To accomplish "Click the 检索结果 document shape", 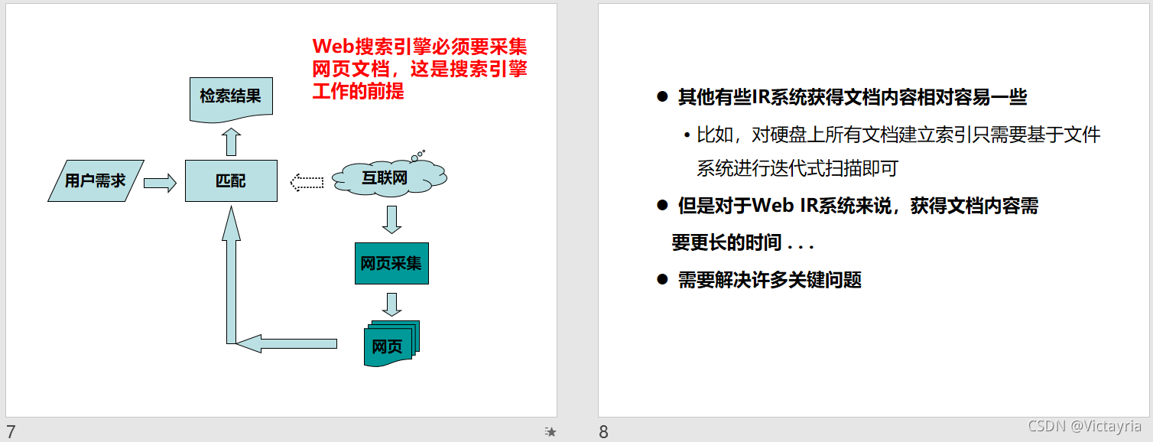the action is [x=230, y=99].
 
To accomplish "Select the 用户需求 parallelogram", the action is [x=96, y=181].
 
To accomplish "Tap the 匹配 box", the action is [x=231, y=181].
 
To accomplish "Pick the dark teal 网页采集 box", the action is [x=391, y=264].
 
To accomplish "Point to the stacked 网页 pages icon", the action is [x=390, y=344].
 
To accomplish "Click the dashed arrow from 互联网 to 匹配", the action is [x=307, y=182].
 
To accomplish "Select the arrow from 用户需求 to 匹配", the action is [x=160, y=182].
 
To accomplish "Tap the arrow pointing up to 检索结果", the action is [x=232, y=141].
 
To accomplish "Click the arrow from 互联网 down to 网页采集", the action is [x=391, y=219].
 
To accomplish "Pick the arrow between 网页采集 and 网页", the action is [x=391, y=304].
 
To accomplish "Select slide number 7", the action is [x=11, y=431].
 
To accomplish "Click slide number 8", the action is [x=603, y=431].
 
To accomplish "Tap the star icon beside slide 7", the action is [x=551, y=432].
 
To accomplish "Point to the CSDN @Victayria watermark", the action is [x=1084, y=426].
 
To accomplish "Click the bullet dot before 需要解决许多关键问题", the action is [x=663, y=279].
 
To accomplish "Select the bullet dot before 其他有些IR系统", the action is [x=663, y=97].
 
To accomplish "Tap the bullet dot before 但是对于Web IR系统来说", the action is [x=663, y=205].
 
